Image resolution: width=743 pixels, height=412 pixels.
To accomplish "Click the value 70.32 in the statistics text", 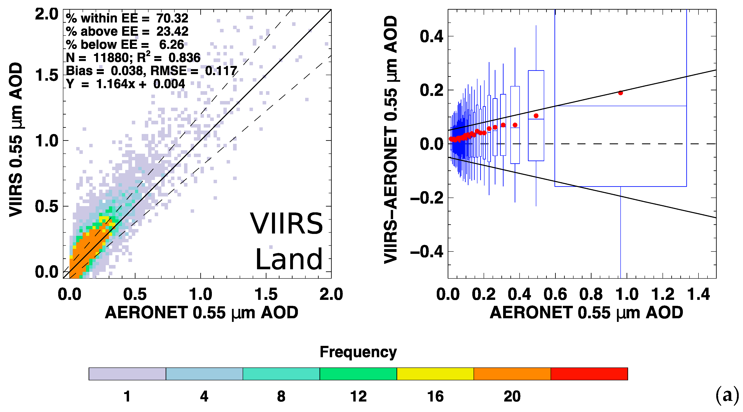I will (172, 18).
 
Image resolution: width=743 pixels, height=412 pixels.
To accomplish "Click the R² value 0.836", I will (184, 58).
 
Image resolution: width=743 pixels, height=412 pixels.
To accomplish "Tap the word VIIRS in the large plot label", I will (286, 224).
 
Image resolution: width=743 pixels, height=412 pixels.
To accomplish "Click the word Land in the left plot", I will (289, 260).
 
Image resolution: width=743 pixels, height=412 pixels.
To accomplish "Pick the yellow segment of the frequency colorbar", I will (435, 374).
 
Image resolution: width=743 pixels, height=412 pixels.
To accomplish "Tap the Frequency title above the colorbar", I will (358, 352).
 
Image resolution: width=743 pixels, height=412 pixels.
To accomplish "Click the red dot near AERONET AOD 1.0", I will (620, 93).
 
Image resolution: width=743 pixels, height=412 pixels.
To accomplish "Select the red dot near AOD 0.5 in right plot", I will (536, 116).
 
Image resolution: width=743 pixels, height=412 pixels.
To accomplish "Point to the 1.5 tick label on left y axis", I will (46, 76).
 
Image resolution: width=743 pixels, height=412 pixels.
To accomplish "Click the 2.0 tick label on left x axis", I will (331, 294).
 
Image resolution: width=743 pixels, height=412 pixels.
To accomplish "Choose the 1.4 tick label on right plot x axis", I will (698, 294).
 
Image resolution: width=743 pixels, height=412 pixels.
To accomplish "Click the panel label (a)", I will (727, 396).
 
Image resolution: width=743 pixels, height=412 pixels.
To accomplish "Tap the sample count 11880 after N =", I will (111, 58).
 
